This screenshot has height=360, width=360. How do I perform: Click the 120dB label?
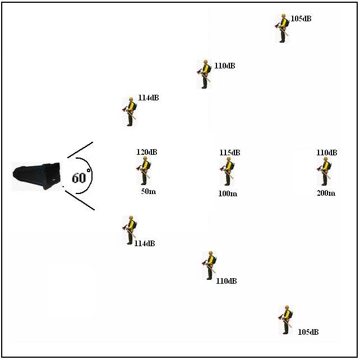click(147, 152)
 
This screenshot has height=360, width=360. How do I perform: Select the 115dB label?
click(229, 153)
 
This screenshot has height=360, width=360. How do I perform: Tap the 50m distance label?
click(149, 192)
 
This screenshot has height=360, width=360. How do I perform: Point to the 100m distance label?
click(228, 193)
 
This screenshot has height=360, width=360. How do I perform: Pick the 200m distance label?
click(326, 193)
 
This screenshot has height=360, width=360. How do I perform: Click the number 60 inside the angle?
click(79, 178)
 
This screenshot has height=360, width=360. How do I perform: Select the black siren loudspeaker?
click(37, 176)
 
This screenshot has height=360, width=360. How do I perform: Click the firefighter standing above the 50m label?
click(144, 170)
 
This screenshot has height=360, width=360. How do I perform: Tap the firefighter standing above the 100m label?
click(228, 171)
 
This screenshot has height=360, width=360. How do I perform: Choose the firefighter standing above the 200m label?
click(324, 171)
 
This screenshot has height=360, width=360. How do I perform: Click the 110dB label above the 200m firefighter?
click(327, 153)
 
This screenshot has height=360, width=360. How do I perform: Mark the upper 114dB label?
click(149, 98)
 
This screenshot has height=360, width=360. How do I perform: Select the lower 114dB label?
click(145, 243)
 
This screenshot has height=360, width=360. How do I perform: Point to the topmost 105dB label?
click(301, 19)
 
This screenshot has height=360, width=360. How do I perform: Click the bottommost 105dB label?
click(308, 332)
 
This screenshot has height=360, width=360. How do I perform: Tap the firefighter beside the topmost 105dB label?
click(283, 29)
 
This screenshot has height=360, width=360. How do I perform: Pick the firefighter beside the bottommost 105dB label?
click(286, 320)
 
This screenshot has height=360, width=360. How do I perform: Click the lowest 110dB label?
click(226, 281)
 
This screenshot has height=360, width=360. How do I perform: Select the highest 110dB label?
click(225, 66)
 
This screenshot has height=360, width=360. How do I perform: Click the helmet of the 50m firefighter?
click(145, 159)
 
